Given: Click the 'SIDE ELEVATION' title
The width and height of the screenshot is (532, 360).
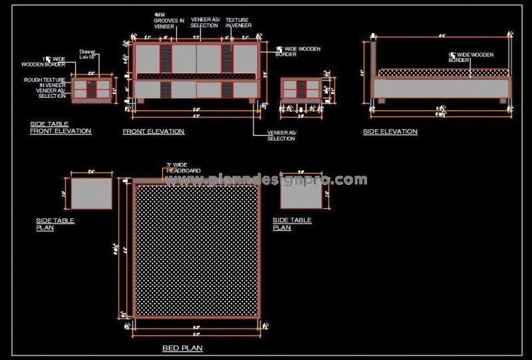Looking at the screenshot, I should tap(390, 132).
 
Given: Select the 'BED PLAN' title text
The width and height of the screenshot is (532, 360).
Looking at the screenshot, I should tap(182, 348).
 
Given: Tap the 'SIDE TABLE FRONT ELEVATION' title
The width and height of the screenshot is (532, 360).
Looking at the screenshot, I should tap(61, 128).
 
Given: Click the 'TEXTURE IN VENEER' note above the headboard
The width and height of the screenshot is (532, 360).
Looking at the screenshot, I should tap(237, 23).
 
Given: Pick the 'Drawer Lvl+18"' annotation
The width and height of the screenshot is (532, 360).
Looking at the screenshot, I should tap(88, 54).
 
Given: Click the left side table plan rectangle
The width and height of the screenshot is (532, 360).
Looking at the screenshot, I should tap(91, 194).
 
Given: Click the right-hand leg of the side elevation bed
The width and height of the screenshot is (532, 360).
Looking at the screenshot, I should tap(502, 100).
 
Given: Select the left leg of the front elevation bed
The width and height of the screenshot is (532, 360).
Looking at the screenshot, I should tap(140, 101).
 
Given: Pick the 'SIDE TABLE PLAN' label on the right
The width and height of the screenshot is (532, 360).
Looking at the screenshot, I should tap(291, 224).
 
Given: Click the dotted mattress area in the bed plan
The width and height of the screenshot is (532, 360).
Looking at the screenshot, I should tap(196, 250).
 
